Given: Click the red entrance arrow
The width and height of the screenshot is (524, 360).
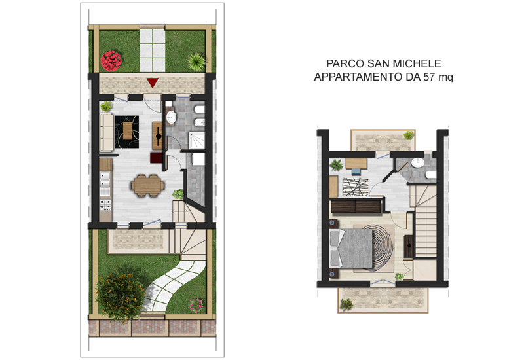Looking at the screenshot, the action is [153, 82].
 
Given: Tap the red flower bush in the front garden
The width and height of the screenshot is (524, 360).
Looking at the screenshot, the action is [111, 61].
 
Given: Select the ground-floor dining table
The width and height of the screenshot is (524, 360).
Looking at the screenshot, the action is [148, 185].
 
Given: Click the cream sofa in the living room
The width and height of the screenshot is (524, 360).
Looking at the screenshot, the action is [107, 133].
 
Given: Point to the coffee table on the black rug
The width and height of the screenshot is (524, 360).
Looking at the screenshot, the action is [127, 130].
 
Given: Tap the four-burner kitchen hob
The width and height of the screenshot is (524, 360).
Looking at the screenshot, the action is [105, 204].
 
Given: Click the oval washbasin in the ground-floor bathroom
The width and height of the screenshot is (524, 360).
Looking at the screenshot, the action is [171, 117].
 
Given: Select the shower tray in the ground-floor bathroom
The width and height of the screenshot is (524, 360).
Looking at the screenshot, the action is [197, 140].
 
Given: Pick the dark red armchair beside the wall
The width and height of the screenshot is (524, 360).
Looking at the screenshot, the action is [156, 158].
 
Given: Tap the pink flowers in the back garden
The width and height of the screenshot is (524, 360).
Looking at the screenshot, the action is [196, 305].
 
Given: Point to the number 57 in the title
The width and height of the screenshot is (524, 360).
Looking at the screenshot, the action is [429, 77].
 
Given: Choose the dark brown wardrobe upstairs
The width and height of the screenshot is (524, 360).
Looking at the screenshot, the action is [356, 206].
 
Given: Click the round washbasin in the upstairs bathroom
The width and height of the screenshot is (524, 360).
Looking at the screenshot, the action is [418, 162].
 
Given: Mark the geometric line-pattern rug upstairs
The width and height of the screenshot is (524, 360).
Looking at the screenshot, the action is [355, 187].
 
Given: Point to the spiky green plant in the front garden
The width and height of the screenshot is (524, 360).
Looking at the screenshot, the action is [196, 62].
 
